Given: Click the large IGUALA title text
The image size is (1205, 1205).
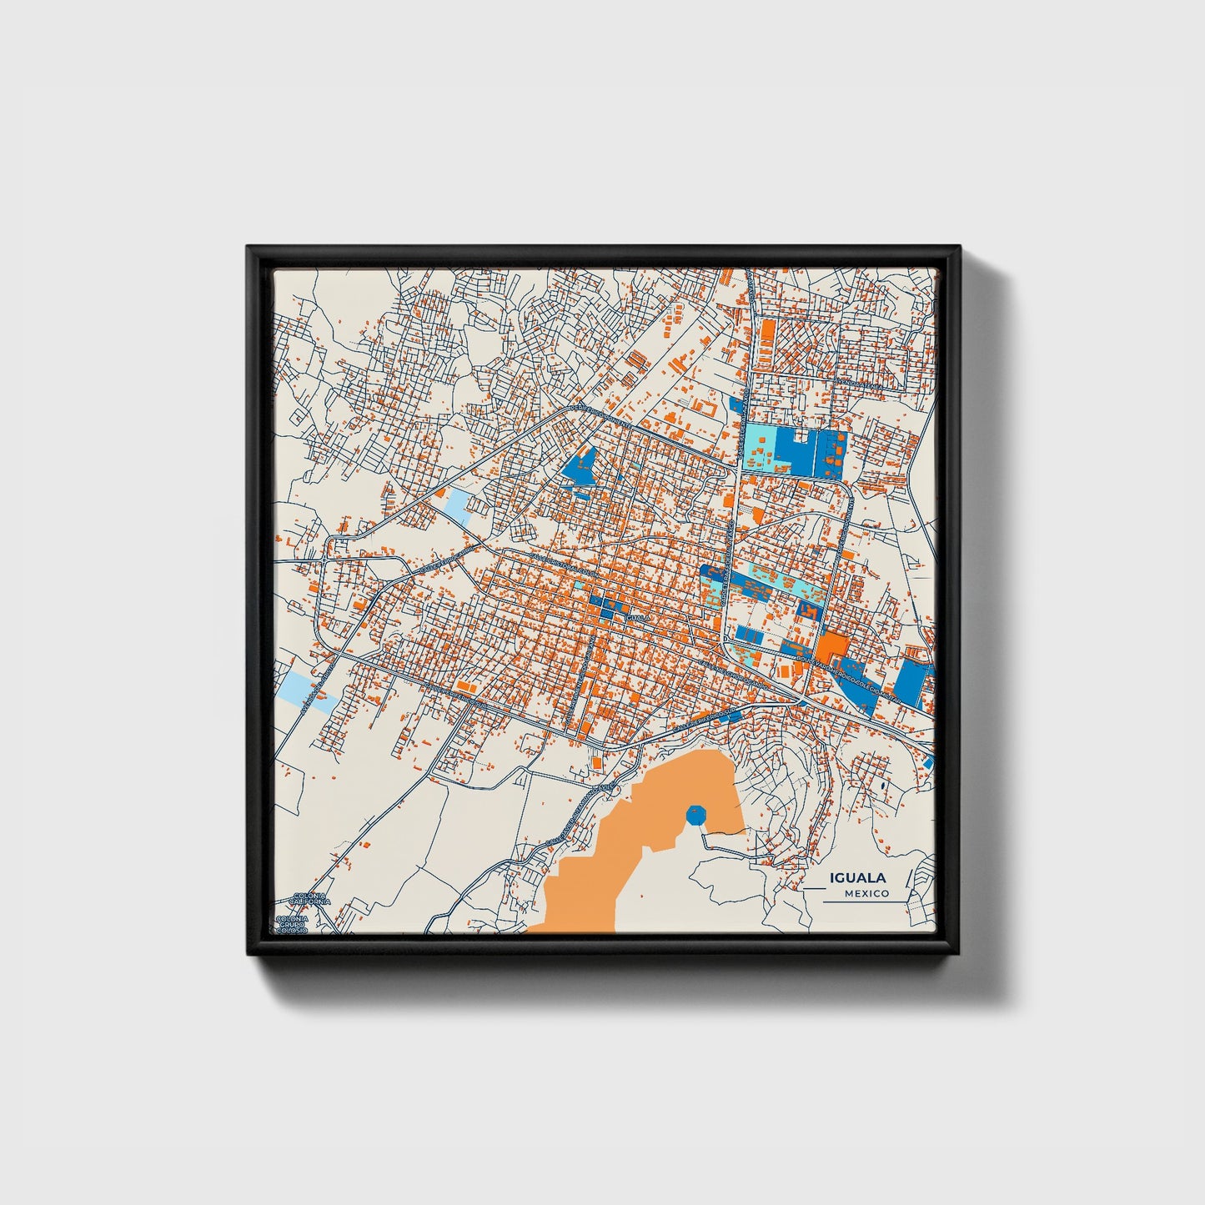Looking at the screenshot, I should tap(857, 878).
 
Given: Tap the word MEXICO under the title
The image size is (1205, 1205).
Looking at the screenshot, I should tap(866, 894).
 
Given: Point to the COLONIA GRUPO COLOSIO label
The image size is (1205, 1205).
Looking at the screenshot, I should tap(292, 923).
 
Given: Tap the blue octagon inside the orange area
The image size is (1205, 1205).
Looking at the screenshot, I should tap(695, 815).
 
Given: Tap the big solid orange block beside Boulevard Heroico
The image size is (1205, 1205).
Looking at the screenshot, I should tap(831, 646).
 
